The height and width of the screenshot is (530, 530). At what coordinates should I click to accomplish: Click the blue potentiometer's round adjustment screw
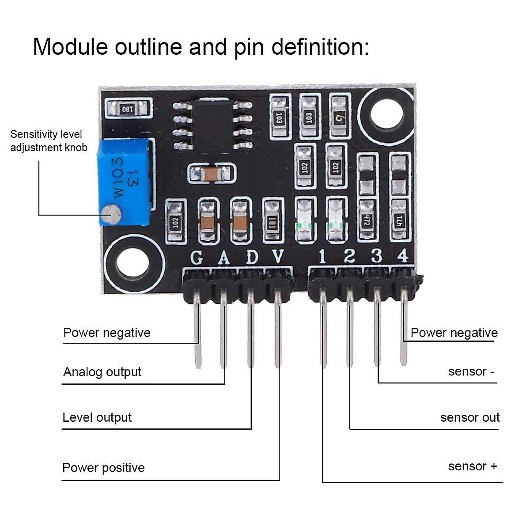(x=110, y=215)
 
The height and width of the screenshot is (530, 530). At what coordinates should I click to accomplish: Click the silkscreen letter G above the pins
(x=197, y=257)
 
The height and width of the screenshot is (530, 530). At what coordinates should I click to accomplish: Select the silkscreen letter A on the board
(x=224, y=257)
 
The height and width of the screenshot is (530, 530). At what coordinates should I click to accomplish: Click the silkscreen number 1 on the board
(x=322, y=256)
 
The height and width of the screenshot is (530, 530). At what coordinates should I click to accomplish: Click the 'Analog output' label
(x=102, y=372)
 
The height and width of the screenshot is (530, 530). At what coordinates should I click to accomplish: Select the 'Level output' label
(x=97, y=417)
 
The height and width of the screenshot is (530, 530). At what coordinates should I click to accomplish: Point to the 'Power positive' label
(x=103, y=468)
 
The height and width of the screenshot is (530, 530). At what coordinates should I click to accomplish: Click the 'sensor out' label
(x=469, y=417)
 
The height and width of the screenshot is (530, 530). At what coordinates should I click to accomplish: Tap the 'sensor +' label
(x=472, y=466)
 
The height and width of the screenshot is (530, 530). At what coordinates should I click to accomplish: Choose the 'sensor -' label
(x=471, y=371)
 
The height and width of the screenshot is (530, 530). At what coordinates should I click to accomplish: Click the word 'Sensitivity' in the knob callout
(x=34, y=134)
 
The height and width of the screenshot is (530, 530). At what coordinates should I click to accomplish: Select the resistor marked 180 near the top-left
(x=128, y=109)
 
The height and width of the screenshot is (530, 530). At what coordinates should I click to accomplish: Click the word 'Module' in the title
(x=70, y=47)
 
